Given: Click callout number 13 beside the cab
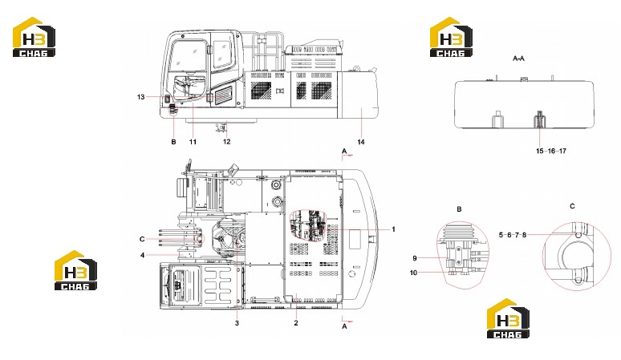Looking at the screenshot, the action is tap(141, 97).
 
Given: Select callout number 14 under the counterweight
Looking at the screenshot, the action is tap(361, 142).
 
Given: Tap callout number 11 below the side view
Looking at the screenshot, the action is tap(193, 142).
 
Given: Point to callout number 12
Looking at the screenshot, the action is tap(226, 141).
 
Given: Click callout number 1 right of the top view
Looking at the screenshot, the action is tap(393, 229).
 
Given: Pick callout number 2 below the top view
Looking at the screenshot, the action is tap(296, 323).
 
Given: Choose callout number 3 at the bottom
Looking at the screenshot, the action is tap(237, 323).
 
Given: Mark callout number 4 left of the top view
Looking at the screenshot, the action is tap(143, 255).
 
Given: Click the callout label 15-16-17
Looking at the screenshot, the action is tap(551, 151).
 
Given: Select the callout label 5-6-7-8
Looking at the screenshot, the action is tap(513, 235).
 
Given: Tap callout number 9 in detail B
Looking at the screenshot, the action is tap(415, 258).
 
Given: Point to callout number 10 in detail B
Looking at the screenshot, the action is tap(413, 273).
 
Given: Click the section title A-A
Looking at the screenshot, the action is tap(518, 59).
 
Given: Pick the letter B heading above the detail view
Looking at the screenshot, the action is tap(459, 209).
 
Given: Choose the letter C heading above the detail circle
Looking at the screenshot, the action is tap(572, 206).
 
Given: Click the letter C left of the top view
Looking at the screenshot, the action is tap(142, 239).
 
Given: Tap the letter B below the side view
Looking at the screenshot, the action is tap(173, 142).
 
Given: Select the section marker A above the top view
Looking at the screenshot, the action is tap(344, 151).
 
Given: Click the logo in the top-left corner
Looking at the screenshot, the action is tap(34, 37).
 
